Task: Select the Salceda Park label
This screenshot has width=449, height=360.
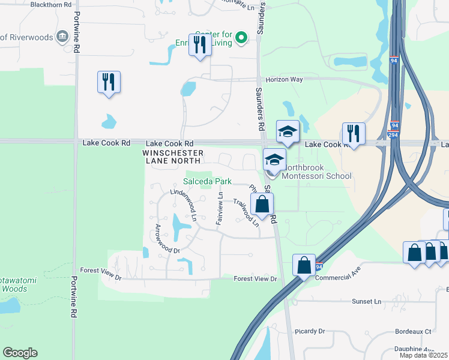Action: [x=207, y=181]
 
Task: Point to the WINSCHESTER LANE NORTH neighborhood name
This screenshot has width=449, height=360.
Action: [x=173, y=157]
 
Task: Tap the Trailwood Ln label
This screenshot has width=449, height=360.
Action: [x=246, y=212]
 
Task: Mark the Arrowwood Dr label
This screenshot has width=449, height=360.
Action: [x=167, y=239]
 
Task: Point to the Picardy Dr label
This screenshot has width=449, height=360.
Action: [x=310, y=331]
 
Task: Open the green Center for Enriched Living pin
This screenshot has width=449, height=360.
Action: [x=241, y=38]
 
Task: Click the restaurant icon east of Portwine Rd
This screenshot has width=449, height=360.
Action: [x=109, y=82]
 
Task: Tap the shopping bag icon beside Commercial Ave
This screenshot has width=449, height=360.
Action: [x=304, y=264]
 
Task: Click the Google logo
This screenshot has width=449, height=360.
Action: [x=20, y=353]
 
